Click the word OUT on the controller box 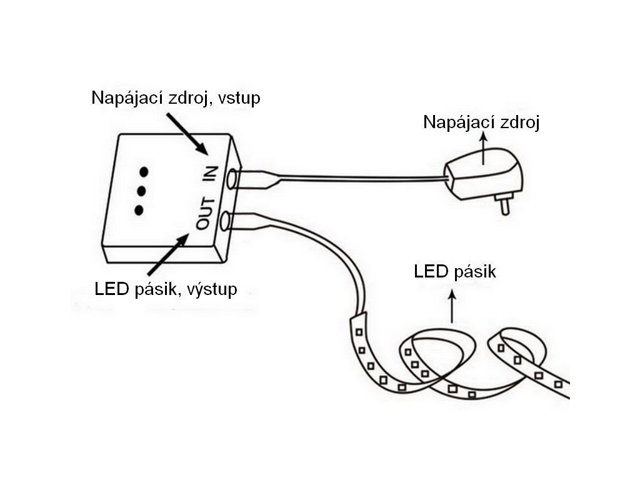pyautogui.click(x=207, y=213)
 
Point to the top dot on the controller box pyautogui.click(x=144, y=171)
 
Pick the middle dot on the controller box pyautogui.click(x=141, y=190)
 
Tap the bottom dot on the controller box pyautogui.click(x=139, y=209)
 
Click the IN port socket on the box pyautogui.click(x=233, y=179)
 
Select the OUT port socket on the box pyautogui.click(x=227, y=220)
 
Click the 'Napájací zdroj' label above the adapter pyautogui.click(x=481, y=122)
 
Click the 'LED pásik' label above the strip pyautogui.click(x=455, y=272)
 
